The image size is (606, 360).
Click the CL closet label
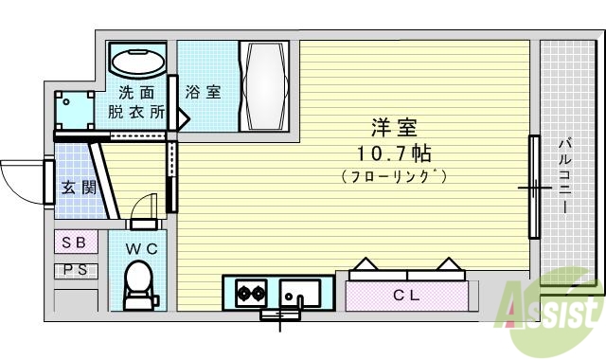point(406,296)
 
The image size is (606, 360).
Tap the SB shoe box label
point(74,243)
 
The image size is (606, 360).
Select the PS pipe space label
point(74,270)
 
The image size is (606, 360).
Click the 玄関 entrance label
point(80,187)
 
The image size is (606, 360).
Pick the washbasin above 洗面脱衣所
point(137,63)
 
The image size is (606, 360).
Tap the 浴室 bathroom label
point(204,92)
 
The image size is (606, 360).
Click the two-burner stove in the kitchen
point(249,292)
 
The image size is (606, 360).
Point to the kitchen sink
point(296,292)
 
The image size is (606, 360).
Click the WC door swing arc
point(142,206)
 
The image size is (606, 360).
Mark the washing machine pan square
point(74,112)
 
